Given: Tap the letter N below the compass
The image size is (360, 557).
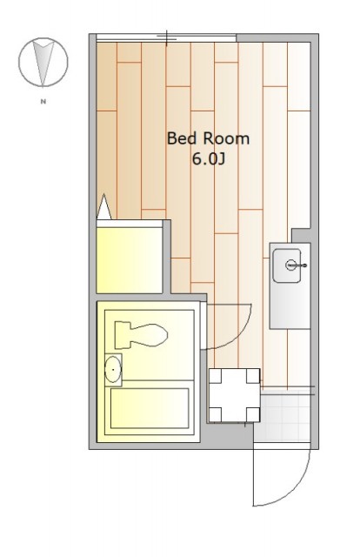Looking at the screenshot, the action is pyautogui.click(x=43, y=102).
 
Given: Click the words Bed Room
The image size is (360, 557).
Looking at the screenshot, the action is pyautogui.click(x=208, y=138).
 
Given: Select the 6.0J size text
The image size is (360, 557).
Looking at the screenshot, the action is pyautogui.click(x=209, y=159).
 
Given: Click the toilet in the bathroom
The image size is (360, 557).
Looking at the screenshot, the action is pyautogui.click(x=141, y=335).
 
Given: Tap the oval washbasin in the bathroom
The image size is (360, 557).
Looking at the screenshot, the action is pyautogui.click(x=113, y=369).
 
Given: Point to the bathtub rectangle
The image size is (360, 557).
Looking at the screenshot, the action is pyautogui.click(x=150, y=408).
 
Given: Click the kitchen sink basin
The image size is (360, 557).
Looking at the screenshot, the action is pyautogui.click(x=287, y=265).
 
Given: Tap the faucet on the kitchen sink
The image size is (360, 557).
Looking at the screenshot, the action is pyautogui.click(x=296, y=265).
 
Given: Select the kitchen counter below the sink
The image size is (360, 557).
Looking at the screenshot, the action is pyautogui.click(x=290, y=306).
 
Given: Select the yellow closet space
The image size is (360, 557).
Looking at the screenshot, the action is pyautogui.click(x=130, y=260).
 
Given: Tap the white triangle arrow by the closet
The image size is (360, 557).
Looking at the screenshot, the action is pyautogui.click(x=103, y=207).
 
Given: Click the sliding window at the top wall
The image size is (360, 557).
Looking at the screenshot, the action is pyautogui.click(x=166, y=38).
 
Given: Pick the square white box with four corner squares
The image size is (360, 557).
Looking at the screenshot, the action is pyautogui.click(x=234, y=395).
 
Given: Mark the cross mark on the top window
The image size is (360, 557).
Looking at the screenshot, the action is pyautogui.click(x=166, y=37).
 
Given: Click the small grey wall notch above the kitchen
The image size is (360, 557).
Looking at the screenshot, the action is pyautogui.click(x=301, y=235).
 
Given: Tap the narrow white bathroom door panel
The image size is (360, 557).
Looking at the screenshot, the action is pyautogui.click(x=203, y=325).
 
